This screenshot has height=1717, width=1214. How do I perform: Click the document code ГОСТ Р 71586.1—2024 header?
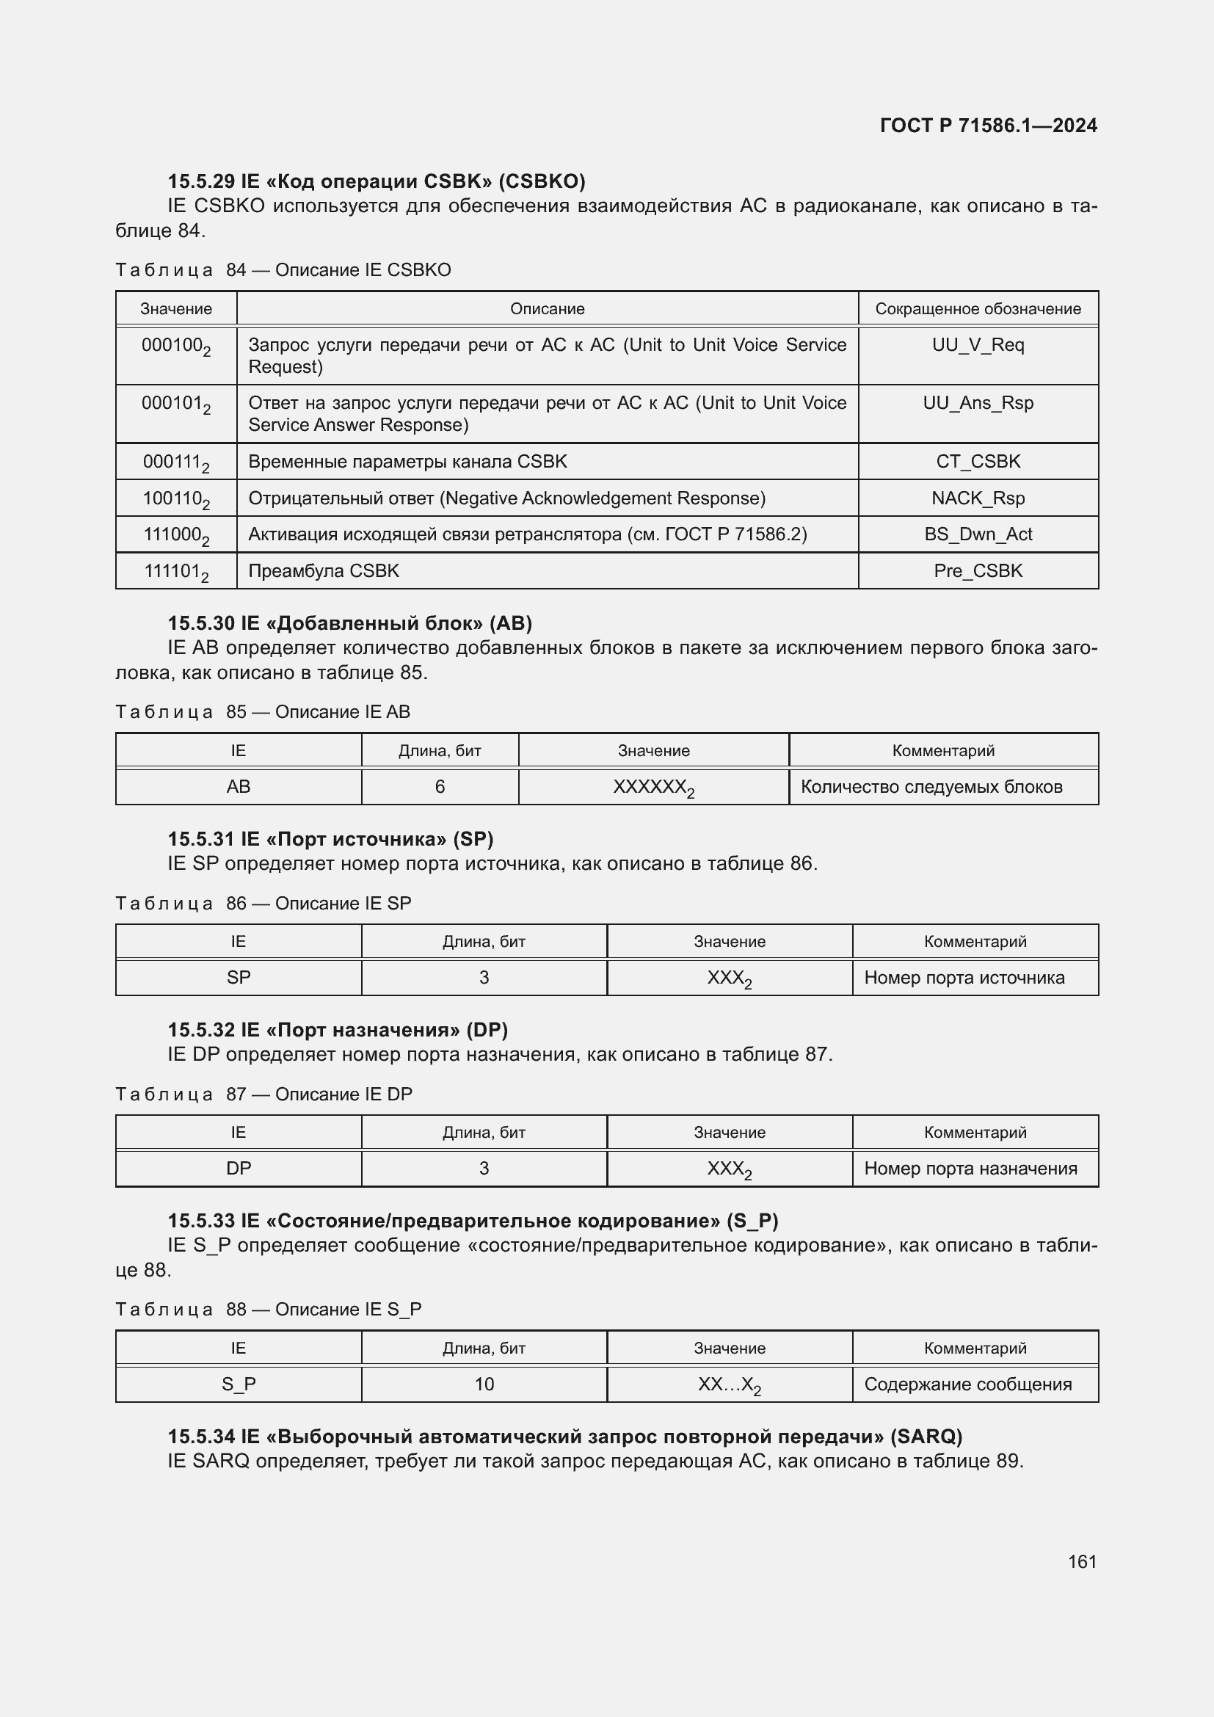(x=987, y=126)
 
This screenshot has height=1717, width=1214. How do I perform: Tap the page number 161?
(x=1082, y=1561)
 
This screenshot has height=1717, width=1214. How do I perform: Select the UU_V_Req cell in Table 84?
(x=978, y=346)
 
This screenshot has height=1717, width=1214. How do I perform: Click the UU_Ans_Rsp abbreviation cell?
(x=978, y=403)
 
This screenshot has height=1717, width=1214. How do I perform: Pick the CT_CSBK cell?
(x=978, y=462)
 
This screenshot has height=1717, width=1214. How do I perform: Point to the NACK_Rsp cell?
(x=978, y=498)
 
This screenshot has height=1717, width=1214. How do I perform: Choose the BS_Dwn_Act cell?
(x=978, y=534)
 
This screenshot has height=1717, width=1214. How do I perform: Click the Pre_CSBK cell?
(x=978, y=570)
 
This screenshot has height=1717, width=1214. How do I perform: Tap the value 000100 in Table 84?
(x=175, y=346)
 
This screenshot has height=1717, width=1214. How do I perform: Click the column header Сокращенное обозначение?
(x=978, y=309)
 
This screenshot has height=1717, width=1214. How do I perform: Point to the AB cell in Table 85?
(x=239, y=787)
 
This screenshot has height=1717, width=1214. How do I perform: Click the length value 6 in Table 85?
(x=440, y=787)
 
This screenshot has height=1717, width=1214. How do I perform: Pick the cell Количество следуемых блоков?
(x=931, y=787)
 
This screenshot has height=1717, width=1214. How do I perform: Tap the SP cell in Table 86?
(x=239, y=977)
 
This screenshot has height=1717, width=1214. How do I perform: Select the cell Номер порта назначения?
(x=970, y=1168)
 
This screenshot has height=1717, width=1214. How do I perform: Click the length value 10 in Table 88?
(x=484, y=1384)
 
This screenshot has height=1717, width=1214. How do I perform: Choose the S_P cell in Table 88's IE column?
(x=239, y=1384)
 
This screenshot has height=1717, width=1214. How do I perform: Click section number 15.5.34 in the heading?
(x=200, y=1436)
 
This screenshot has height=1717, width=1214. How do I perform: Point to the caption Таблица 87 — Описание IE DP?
(x=264, y=1094)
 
